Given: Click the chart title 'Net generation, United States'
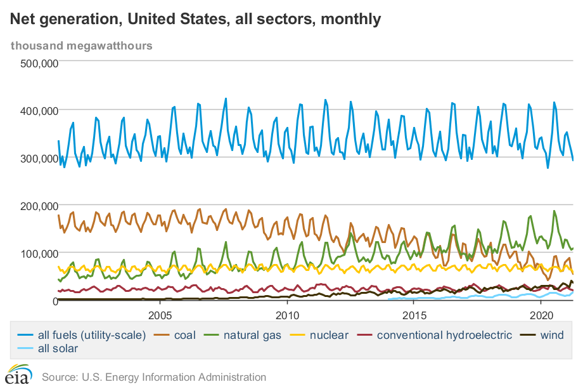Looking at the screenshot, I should pyautogui.click(x=195, y=19).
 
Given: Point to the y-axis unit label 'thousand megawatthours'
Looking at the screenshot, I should pyautogui.click(x=81, y=46).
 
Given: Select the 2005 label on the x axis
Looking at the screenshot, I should pyautogui.click(x=160, y=315).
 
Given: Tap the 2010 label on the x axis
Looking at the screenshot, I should pyautogui.click(x=287, y=315).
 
